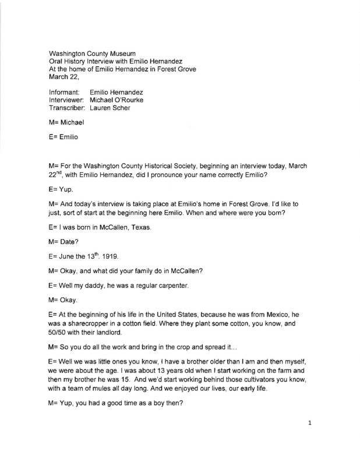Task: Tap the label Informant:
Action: click(65, 92)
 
